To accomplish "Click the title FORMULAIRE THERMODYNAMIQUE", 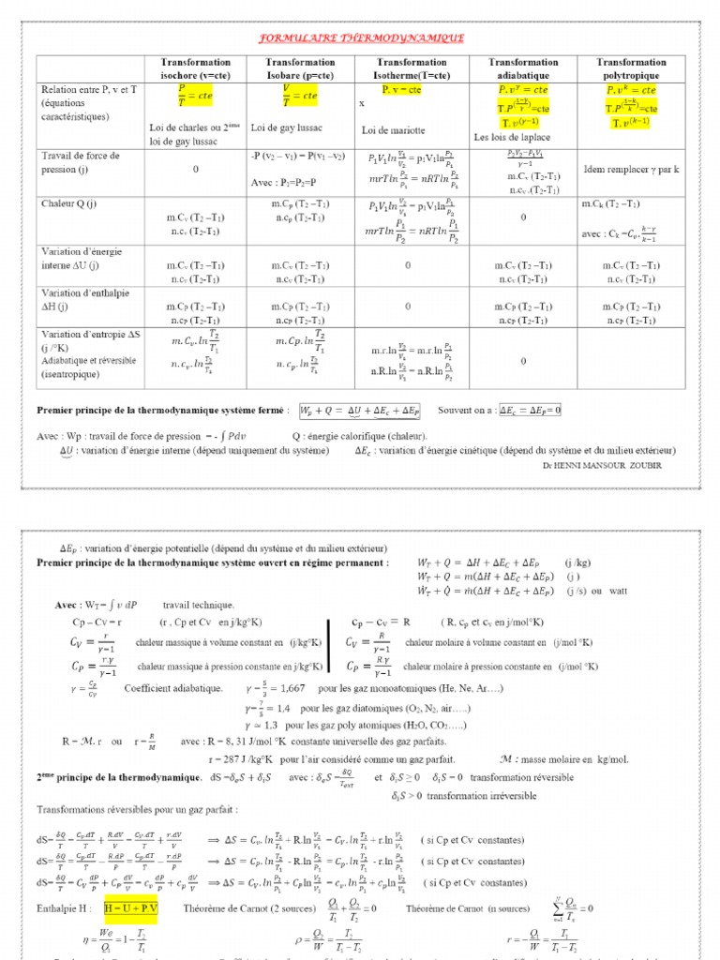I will [360, 38].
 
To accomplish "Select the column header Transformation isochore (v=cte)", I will [196, 68].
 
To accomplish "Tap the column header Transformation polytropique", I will [631, 68].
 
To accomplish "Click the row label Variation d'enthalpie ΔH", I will [81, 300].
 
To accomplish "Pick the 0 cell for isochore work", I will [196, 170].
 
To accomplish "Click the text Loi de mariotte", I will [394, 130].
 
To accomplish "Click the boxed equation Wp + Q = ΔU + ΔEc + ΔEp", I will [359, 411].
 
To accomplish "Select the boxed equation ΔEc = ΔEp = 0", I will [530, 411].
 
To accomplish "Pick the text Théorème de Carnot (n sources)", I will [446, 908].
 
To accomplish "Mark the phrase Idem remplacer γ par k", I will [630, 170].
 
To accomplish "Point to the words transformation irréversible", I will [487, 796].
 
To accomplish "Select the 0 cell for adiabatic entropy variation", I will [522, 360].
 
